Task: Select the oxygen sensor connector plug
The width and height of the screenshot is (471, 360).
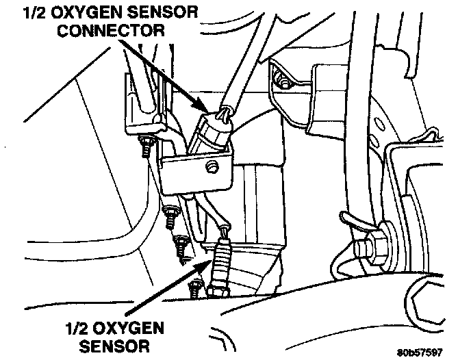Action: [x=214, y=130]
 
